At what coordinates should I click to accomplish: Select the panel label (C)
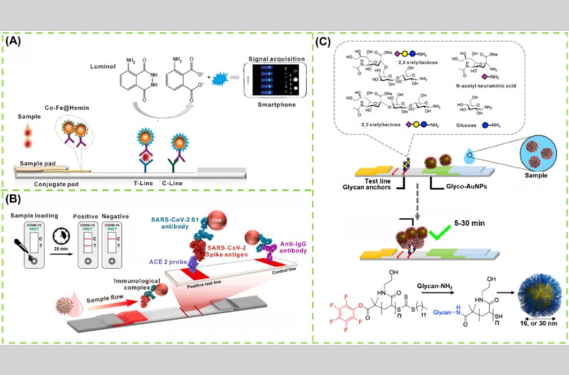pos(323,42)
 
